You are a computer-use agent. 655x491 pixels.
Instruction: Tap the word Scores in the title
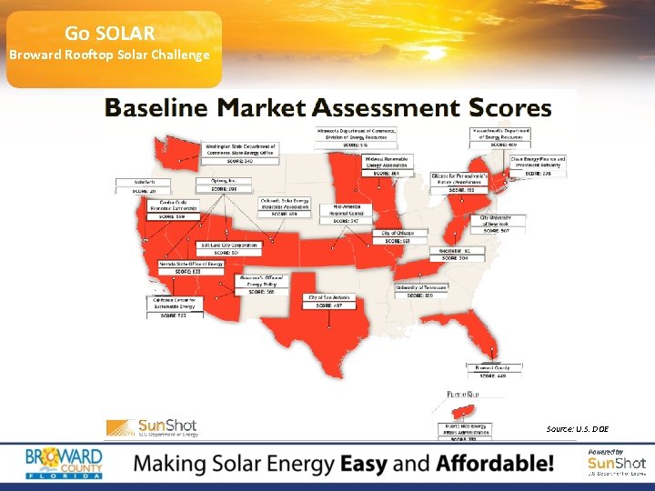coord(511,108)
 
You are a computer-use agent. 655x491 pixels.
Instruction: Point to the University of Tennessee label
coord(420,290)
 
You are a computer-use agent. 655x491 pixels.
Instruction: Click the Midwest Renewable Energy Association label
coord(388,165)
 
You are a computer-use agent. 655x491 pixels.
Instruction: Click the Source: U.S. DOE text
coord(578,428)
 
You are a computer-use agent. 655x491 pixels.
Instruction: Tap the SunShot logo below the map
coord(152,427)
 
